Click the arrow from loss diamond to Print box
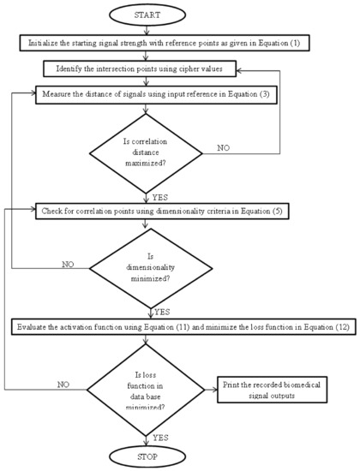(211, 386)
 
